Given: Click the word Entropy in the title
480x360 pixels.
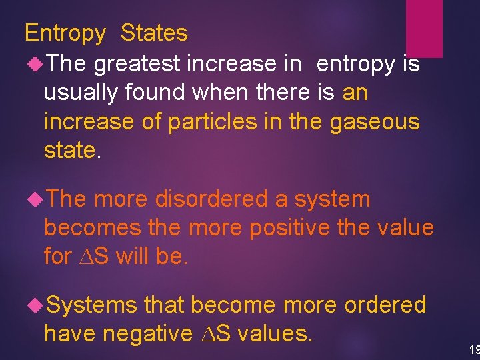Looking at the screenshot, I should pyautogui.click(x=65, y=33).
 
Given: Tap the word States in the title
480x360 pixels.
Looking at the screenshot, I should pyautogui.click(x=154, y=33).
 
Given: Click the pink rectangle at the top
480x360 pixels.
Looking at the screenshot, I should pyautogui.click(x=425, y=27).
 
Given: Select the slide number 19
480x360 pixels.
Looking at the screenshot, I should pyautogui.click(x=473, y=349).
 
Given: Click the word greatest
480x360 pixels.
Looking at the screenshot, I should pyautogui.click(x=137, y=64).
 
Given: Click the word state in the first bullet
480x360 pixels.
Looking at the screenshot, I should pyautogui.click(x=69, y=150).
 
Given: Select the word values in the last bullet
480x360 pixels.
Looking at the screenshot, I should pyautogui.click(x=275, y=333).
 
